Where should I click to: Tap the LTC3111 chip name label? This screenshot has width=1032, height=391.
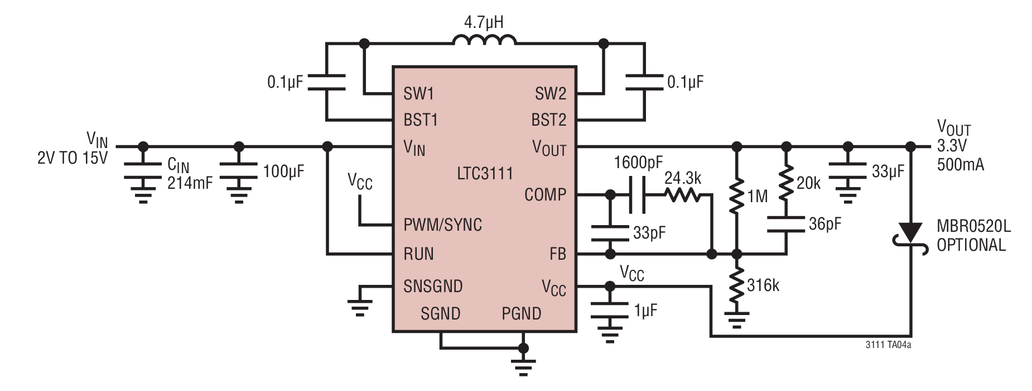point(485,173)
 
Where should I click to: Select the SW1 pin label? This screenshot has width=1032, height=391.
point(418,93)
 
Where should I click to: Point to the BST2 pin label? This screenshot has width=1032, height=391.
point(549,120)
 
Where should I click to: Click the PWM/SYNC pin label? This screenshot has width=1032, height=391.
point(443,225)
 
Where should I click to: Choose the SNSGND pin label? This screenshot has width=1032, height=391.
point(433,286)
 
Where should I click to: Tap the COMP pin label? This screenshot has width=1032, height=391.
point(545,194)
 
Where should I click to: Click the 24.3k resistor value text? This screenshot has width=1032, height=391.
point(682,178)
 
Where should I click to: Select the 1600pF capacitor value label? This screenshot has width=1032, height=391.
point(638,163)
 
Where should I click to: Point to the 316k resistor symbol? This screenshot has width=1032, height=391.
point(737,285)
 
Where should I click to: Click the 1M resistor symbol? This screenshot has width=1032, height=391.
point(737,195)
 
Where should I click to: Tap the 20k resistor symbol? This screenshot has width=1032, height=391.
point(786,183)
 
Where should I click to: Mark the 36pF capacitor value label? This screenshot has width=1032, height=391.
point(825,223)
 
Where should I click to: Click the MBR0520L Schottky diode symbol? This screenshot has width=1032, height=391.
point(910,235)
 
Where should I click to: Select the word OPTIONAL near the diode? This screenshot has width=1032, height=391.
point(971,245)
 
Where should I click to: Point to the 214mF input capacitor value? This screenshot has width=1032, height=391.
point(190,183)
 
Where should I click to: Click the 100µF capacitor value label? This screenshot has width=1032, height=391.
point(283,171)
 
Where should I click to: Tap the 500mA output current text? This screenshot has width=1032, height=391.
point(961,165)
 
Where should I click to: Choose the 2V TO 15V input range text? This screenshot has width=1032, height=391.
point(73,158)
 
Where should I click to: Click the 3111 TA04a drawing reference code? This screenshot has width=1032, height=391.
point(889,345)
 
